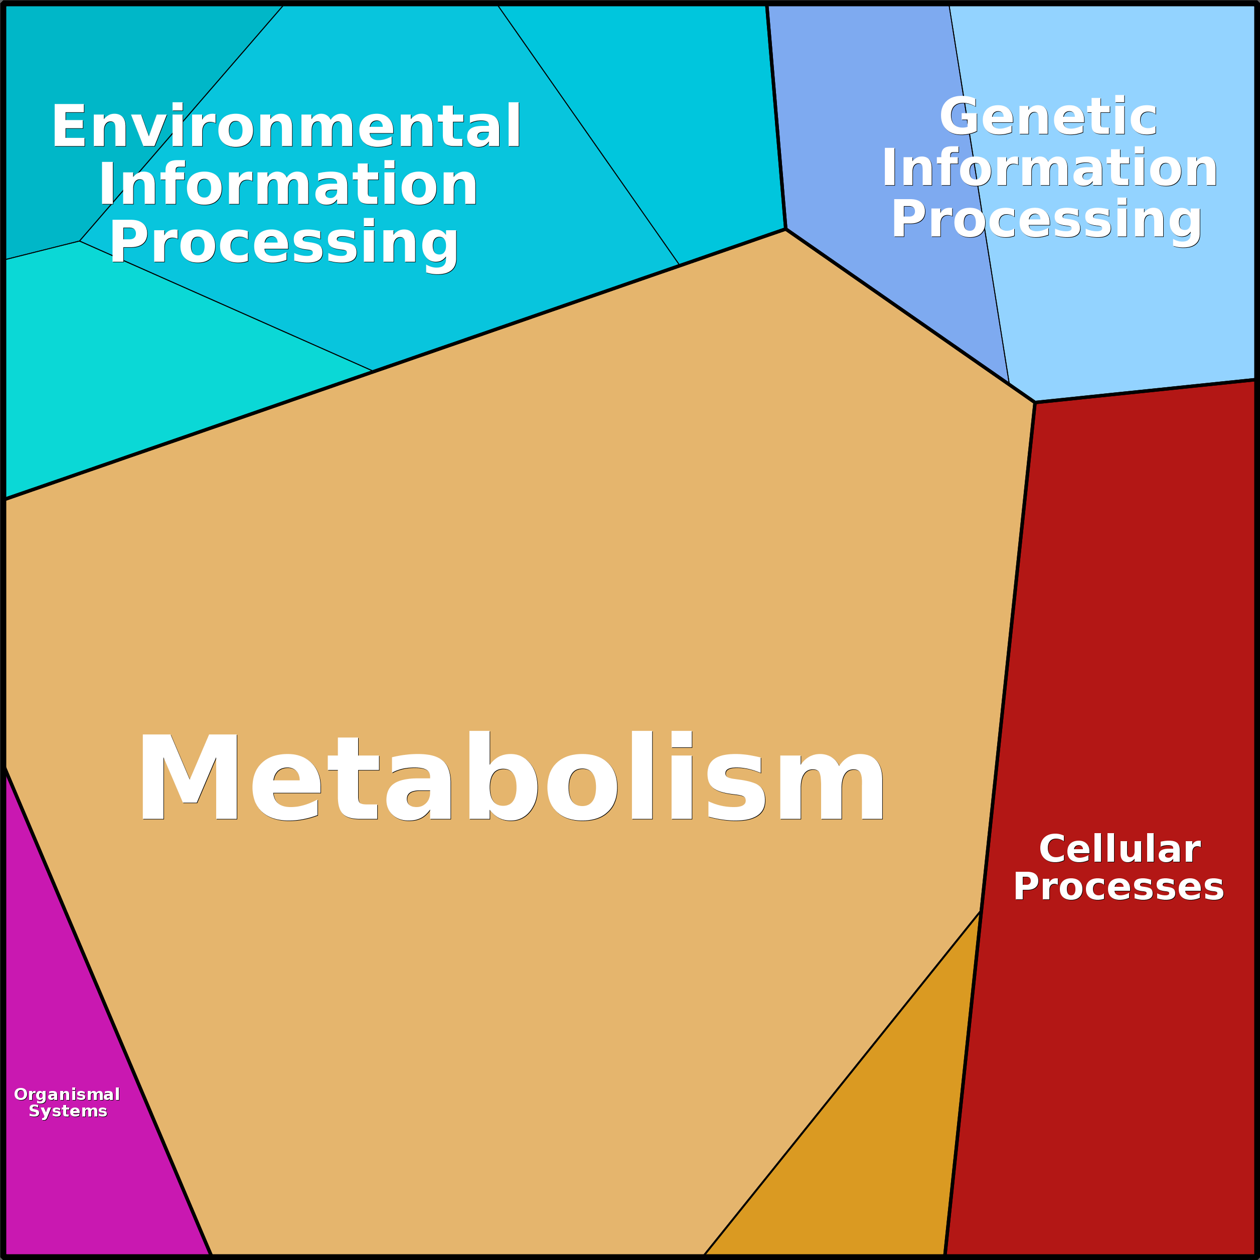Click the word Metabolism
click(x=511, y=775)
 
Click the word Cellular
click(x=1119, y=849)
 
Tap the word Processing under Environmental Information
click(x=284, y=242)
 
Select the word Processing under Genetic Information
click(x=1047, y=219)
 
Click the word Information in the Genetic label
click(x=1049, y=168)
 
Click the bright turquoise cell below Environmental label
click(x=130, y=365)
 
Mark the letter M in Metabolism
click(x=189, y=776)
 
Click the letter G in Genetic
click(x=960, y=117)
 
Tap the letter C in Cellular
click(x=1054, y=849)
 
